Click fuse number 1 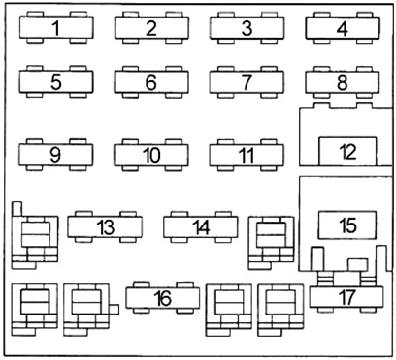pyautogui.click(x=55, y=27)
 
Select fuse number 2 pyautogui.click(x=151, y=27)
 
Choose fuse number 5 pyautogui.click(x=55, y=82)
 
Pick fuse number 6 pyautogui.click(x=151, y=82)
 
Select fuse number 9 pyautogui.click(x=55, y=155)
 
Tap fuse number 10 pyautogui.click(x=151, y=155)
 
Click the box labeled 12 pyautogui.click(x=346, y=152)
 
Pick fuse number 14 pyautogui.click(x=202, y=227)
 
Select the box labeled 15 pyautogui.click(x=346, y=225)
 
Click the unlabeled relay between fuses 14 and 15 pyautogui.click(x=270, y=238)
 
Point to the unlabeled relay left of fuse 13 pyautogui.click(x=35, y=235)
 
